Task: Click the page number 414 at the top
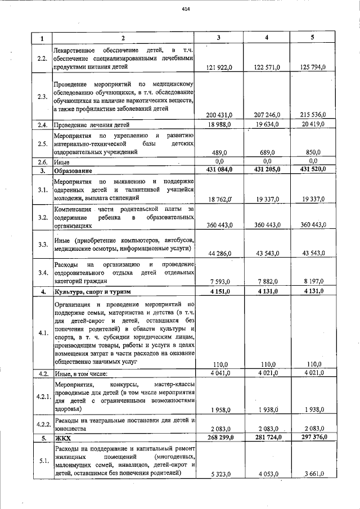pyautogui.click(x=186, y=10)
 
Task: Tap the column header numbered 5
pyautogui.click(x=313, y=38)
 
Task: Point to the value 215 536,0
pyautogui.click(x=310, y=115)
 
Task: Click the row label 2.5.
pyautogui.click(x=42, y=144)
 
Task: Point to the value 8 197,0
pyautogui.click(x=313, y=282)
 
